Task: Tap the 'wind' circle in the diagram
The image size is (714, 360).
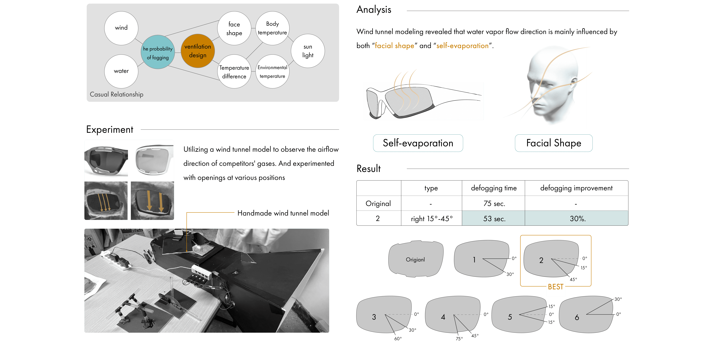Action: [x=121, y=28]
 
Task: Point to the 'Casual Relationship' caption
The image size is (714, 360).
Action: [x=116, y=94]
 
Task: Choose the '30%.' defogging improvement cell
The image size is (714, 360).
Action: [x=577, y=219]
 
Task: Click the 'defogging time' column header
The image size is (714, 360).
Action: [x=494, y=188]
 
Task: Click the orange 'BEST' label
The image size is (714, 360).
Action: [x=555, y=287]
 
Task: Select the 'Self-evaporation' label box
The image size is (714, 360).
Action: [x=418, y=143]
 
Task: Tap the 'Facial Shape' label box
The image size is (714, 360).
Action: [x=554, y=143]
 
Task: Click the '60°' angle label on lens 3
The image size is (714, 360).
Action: [x=398, y=339]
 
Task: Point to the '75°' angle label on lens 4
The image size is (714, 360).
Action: [x=459, y=339]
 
